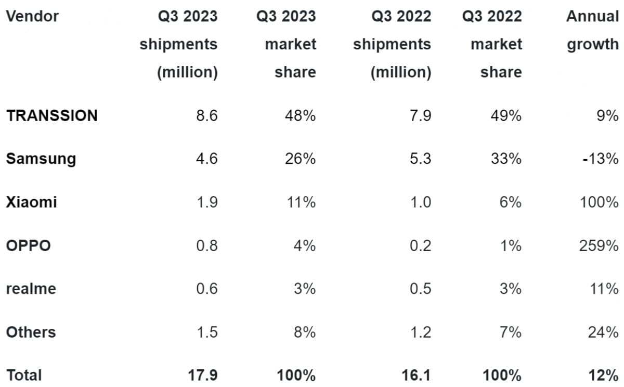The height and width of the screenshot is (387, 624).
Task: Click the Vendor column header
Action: click(32, 16)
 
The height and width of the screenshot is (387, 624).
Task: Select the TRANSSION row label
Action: click(51, 115)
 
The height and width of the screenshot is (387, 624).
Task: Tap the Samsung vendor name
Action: click(41, 159)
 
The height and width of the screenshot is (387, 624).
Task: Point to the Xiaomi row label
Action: click(31, 202)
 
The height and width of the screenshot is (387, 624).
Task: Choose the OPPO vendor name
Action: click(28, 245)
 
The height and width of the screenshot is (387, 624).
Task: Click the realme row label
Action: click(30, 288)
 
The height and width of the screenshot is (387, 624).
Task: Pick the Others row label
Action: click(31, 332)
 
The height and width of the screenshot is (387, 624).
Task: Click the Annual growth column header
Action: click(592, 30)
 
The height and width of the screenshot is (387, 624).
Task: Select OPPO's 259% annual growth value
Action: click(599, 245)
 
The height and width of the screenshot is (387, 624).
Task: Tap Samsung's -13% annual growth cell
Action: click(600, 159)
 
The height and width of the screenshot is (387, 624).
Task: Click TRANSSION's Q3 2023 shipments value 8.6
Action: click(206, 115)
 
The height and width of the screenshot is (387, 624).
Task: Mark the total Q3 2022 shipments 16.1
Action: click(417, 375)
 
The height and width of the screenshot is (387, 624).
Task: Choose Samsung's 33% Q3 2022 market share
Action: click(505, 159)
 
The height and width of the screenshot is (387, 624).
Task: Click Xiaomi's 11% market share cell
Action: click(301, 202)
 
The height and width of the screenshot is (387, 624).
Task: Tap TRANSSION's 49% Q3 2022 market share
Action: click(505, 115)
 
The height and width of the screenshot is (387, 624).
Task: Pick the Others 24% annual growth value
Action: click(603, 332)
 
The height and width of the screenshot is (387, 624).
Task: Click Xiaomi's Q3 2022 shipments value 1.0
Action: click(420, 202)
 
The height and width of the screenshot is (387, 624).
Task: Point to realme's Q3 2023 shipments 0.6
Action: click(206, 288)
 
